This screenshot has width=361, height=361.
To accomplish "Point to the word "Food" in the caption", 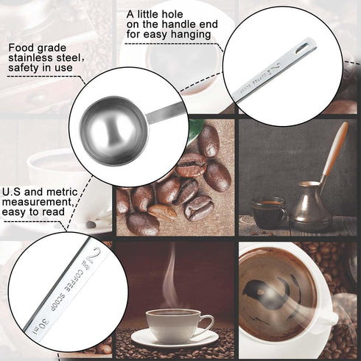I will pos(21,49).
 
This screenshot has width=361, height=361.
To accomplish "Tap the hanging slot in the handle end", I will pos(302,49).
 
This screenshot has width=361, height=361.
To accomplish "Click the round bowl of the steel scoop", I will pos(110,130).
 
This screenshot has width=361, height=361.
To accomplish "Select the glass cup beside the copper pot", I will pos(267,212).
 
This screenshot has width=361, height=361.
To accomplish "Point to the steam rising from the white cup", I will pos(171,276).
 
